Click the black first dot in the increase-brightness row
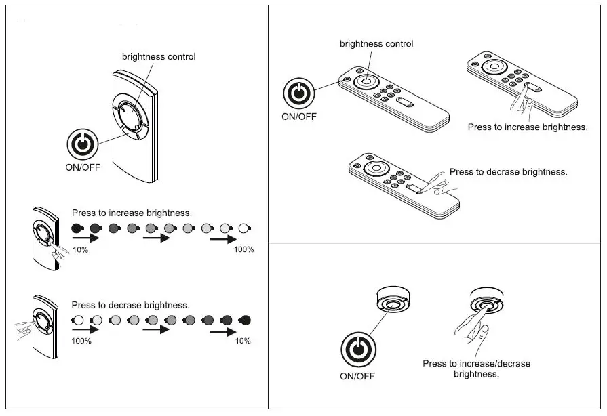(x=77, y=228)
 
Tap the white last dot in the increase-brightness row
(x=244, y=228)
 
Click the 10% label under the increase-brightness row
(x=80, y=250)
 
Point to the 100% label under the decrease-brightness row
(x=81, y=341)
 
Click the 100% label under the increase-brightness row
(x=243, y=250)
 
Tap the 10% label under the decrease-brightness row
(x=242, y=341)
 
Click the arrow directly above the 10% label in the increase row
(x=85, y=238)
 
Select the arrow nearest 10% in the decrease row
(x=223, y=331)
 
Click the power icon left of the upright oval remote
(x=82, y=146)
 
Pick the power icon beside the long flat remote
(x=298, y=93)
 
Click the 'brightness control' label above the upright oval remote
(x=159, y=57)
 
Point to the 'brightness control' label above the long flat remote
(x=376, y=44)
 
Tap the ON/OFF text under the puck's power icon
(x=357, y=376)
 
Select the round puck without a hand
(x=393, y=300)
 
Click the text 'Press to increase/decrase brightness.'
(x=476, y=369)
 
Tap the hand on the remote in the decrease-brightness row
(x=22, y=331)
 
